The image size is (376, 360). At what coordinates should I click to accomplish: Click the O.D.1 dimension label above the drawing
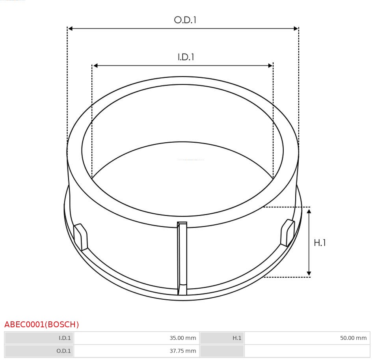click(x=185, y=20)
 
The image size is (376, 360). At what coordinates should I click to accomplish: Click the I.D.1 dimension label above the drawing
click(x=186, y=57)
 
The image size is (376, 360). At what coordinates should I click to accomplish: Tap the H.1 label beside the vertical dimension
click(x=320, y=243)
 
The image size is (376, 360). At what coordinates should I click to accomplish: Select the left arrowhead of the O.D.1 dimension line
click(x=70, y=28)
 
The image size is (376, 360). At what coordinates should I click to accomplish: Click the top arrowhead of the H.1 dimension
click(x=309, y=212)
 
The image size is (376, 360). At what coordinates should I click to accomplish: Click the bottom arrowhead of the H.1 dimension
click(x=309, y=273)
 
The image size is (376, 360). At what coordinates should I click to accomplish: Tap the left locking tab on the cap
click(x=81, y=237)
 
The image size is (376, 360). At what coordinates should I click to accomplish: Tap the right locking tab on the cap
click(x=287, y=233)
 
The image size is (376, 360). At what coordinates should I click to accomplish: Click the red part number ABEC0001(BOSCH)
click(x=42, y=325)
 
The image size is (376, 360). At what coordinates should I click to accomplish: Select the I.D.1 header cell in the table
click(x=39, y=338)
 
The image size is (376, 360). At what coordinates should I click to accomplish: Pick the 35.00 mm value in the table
click(x=136, y=338)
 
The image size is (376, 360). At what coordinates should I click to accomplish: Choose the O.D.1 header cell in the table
click(x=39, y=351)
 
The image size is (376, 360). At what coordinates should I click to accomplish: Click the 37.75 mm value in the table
click(x=136, y=351)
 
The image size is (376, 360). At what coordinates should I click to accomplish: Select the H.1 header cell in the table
click(x=222, y=338)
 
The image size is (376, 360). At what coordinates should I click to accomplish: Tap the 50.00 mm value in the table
click(x=307, y=338)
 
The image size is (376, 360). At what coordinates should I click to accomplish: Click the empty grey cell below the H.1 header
click(x=222, y=351)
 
